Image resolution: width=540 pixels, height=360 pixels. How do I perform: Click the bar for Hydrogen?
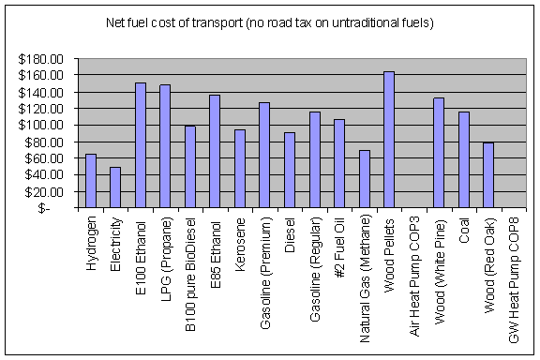(91, 181)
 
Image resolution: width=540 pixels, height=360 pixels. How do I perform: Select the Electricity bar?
(115, 187)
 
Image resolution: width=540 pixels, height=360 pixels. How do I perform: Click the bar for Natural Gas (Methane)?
(364, 179)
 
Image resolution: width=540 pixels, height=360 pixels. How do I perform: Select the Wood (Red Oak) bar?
(487, 175)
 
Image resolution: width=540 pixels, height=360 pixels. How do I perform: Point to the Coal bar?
(463, 159)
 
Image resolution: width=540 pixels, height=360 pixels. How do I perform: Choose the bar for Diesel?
(289, 170)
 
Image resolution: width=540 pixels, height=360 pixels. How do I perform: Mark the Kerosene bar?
(239, 169)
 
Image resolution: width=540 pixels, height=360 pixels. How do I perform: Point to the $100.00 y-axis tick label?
(43, 125)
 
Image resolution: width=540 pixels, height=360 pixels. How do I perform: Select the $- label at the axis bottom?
(56, 208)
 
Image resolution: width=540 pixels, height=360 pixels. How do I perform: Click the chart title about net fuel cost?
(270, 22)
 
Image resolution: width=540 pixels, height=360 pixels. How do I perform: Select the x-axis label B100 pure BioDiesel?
(190, 273)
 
